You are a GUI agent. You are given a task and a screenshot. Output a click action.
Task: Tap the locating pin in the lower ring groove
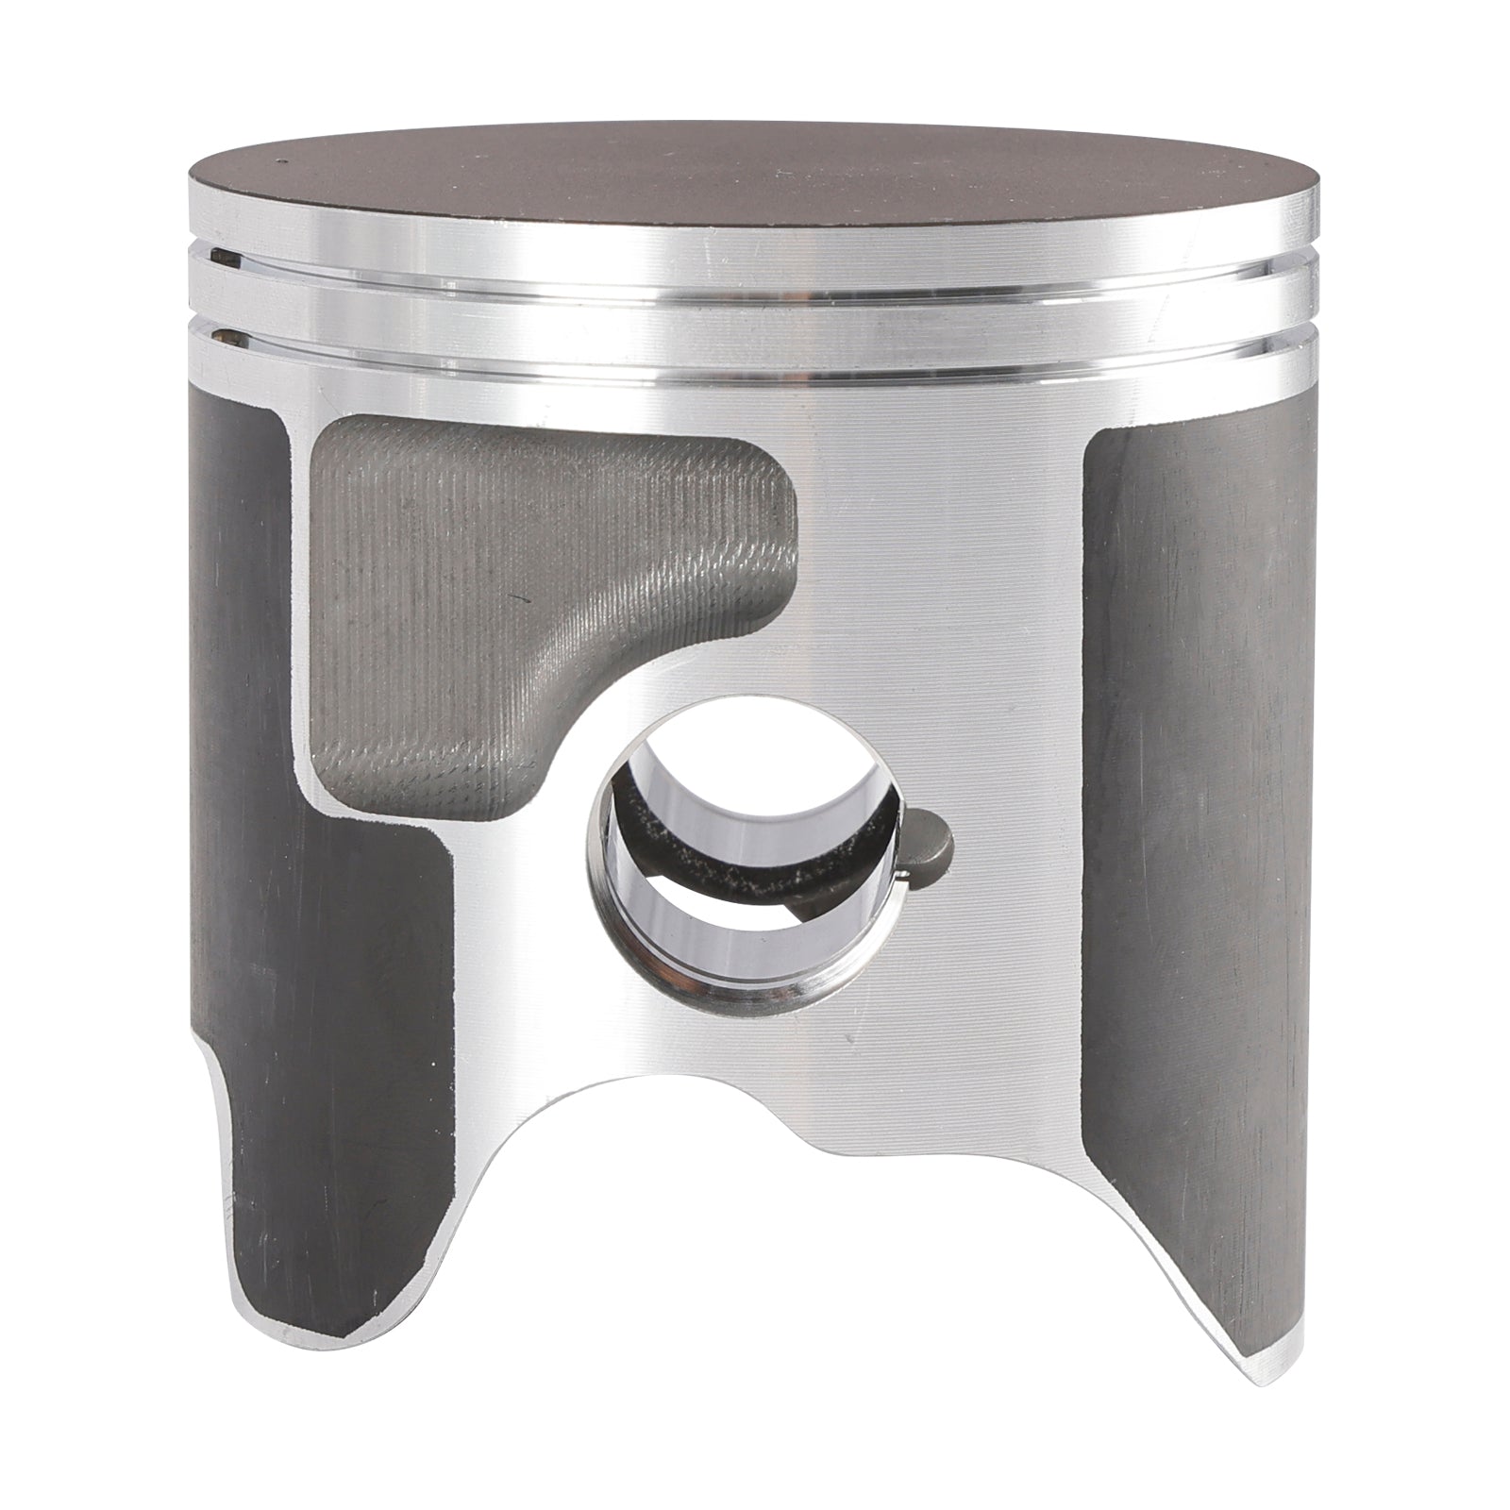pyautogui.click(x=224, y=334)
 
